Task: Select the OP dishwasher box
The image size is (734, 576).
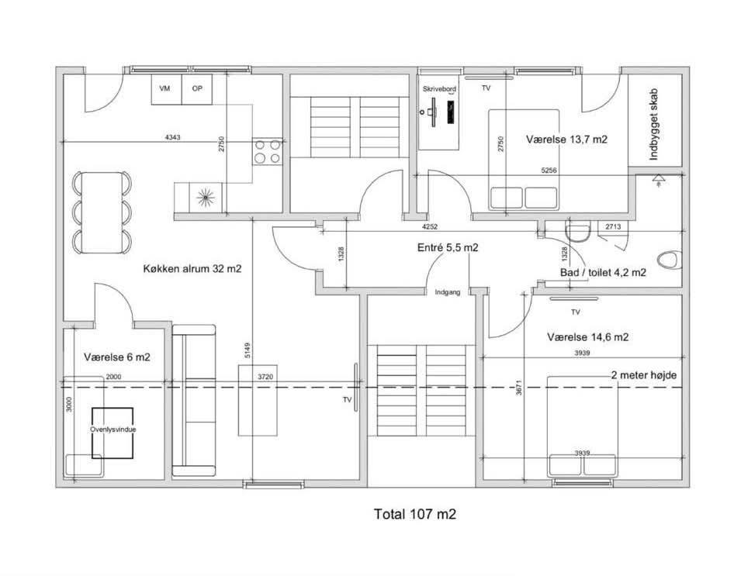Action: pyautogui.click(x=197, y=89)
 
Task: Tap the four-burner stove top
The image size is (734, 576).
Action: pyautogui.click(x=267, y=151)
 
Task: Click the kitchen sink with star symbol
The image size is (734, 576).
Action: pyautogui.click(x=206, y=198)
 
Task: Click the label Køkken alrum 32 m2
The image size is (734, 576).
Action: pyautogui.click(x=192, y=268)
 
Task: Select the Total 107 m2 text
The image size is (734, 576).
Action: pyautogui.click(x=415, y=514)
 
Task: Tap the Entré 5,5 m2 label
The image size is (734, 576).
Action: pyautogui.click(x=448, y=248)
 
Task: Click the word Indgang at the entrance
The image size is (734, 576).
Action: pyautogui.click(x=448, y=292)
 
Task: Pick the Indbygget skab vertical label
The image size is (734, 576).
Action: pyautogui.click(x=654, y=124)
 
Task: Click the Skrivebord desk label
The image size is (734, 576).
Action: pyautogui.click(x=439, y=89)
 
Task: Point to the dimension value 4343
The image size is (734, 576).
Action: pyautogui.click(x=173, y=137)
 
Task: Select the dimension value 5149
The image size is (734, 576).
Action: pyautogui.click(x=248, y=350)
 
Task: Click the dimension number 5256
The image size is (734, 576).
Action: pyautogui.click(x=549, y=171)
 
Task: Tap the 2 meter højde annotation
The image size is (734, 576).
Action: pyautogui.click(x=644, y=375)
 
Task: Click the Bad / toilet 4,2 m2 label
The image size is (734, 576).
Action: pyautogui.click(x=603, y=272)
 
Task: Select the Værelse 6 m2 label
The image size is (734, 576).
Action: pyautogui.click(x=117, y=357)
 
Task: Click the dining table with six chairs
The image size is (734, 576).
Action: pyautogui.click(x=102, y=212)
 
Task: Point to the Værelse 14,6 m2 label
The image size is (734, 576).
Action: pyautogui.click(x=587, y=337)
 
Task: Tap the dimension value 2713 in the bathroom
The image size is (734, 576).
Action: pyautogui.click(x=613, y=226)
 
